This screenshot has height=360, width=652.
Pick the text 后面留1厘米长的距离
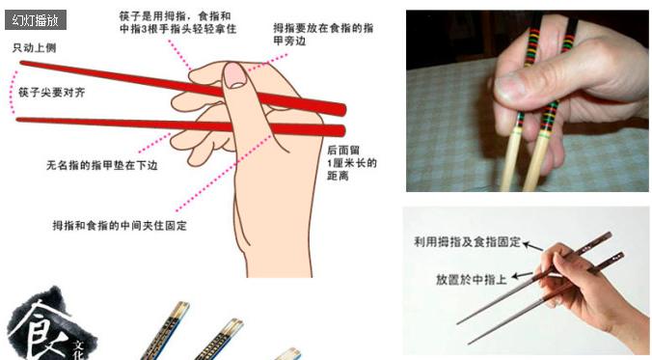pos(351,163)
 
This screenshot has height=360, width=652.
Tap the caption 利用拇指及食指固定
pos(467,242)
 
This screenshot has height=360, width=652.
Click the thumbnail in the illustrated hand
pos(234,77)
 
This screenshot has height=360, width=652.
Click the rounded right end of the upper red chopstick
pos(339,108)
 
